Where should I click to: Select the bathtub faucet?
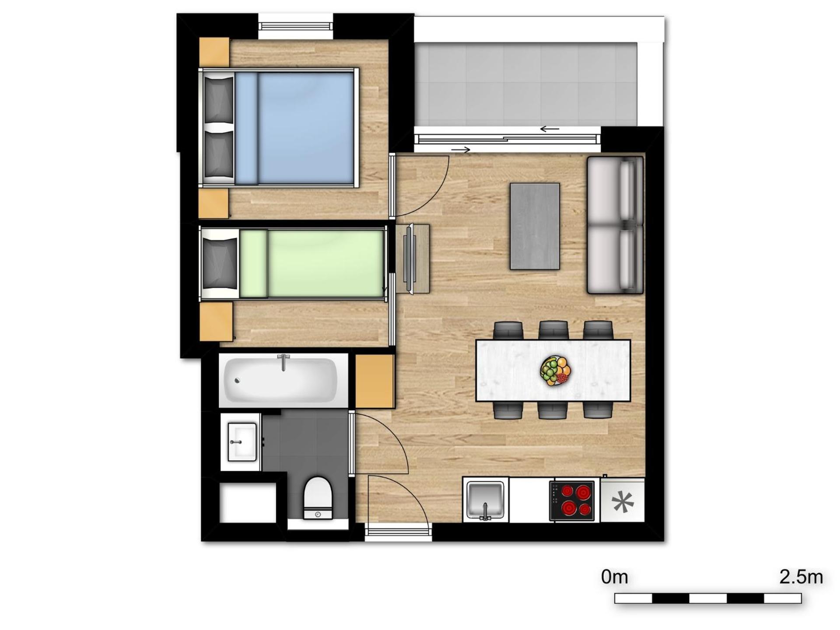(283, 361)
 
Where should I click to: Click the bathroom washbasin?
(241, 442)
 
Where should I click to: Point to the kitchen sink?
(485, 499)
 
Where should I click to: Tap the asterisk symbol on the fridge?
(623, 502)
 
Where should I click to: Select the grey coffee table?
(535, 226)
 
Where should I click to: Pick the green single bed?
(311, 264)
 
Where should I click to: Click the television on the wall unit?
(409, 259)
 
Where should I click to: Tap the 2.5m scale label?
(801, 577)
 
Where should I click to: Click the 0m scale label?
(614, 577)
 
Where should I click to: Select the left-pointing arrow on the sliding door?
(549, 129)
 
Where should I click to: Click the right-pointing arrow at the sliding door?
(460, 150)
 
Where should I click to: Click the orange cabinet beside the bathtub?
(374, 381)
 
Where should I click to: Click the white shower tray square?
(248, 503)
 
